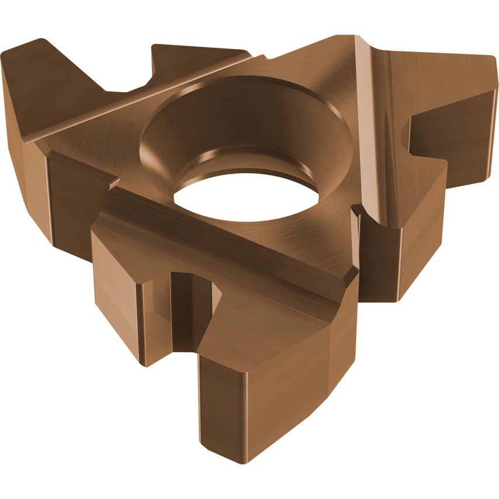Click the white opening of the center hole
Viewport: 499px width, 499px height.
245,196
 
